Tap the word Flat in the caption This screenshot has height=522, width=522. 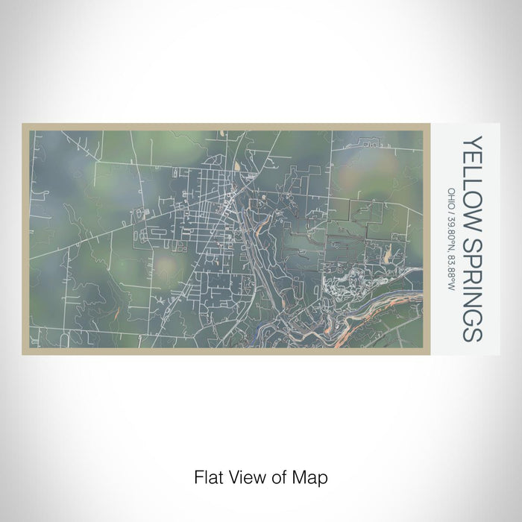207,477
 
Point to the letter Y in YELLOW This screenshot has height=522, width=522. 473,141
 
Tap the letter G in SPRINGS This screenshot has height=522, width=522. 473,318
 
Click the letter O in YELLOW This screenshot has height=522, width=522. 473,197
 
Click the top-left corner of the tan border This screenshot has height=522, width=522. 24,125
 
